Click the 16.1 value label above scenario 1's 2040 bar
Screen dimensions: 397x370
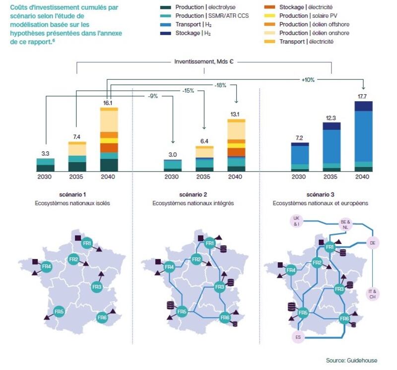(108, 103)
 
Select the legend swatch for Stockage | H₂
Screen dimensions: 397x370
(165, 33)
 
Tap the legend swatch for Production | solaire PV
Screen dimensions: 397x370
(269, 16)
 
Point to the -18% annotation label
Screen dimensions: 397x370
(220, 85)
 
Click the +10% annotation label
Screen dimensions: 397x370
(308, 80)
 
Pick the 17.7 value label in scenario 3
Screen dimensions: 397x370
(362, 96)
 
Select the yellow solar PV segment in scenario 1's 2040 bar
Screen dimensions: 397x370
(109, 141)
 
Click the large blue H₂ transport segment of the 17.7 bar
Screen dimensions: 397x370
(364, 136)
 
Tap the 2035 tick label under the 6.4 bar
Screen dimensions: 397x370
(203, 177)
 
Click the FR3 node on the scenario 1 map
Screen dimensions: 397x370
(97, 287)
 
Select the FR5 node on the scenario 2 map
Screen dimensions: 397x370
(182, 311)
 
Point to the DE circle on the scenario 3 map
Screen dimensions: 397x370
(373, 243)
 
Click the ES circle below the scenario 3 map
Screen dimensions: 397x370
(298, 337)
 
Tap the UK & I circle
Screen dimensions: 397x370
(296, 221)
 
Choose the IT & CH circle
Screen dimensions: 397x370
(373, 294)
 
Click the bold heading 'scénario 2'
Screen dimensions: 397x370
(193, 194)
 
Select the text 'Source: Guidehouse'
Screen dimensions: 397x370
(351, 360)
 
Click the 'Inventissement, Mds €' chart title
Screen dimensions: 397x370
(204, 62)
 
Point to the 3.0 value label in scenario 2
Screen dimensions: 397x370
(172, 155)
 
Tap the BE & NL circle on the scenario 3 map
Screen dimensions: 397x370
(345, 225)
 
